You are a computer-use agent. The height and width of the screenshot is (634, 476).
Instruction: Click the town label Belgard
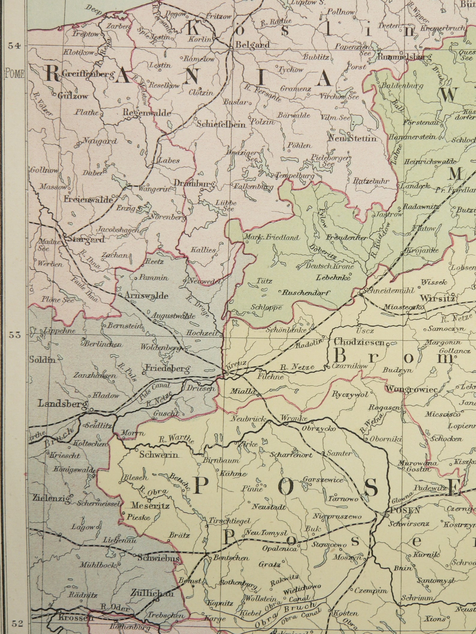[252, 45]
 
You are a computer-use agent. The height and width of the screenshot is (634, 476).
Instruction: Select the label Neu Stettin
[352, 138]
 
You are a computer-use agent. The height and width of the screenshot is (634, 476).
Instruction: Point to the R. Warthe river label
[176, 440]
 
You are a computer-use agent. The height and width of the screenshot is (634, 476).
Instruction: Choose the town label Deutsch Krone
[329, 266]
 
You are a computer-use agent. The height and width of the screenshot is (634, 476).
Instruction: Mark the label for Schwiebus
[159, 558]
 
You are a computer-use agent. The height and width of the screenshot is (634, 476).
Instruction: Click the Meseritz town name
[150, 506]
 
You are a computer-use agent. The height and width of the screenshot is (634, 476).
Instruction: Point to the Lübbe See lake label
[226, 206]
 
